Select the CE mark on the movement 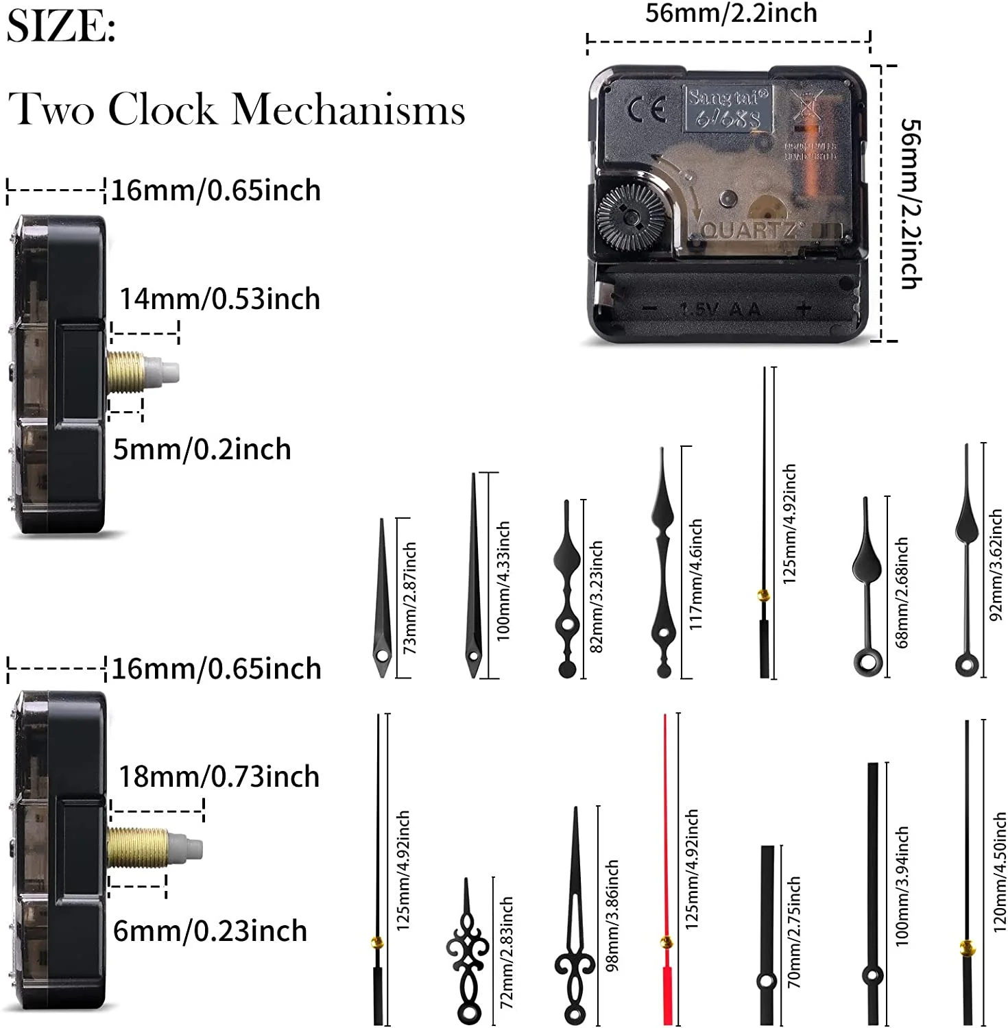pyautogui.click(x=647, y=110)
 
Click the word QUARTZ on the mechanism pyautogui.click(x=749, y=230)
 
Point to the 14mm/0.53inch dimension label pyautogui.click(x=219, y=299)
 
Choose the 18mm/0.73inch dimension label pyautogui.click(x=219, y=777)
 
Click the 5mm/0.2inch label pyautogui.click(x=202, y=450)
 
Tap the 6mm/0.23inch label pyautogui.click(x=210, y=931)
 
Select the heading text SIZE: pyautogui.click(x=61, y=27)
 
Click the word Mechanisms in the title pyautogui.click(x=349, y=110)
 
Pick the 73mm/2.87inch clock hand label pyautogui.click(x=410, y=598)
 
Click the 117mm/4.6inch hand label pyautogui.click(x=695, y=574)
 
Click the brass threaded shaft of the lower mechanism pyautogui.click(x=137, y=848)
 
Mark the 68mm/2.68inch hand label pyautogui.click(x=902, y=592)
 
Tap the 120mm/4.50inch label pyautogui.click(x=1000, y=872)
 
